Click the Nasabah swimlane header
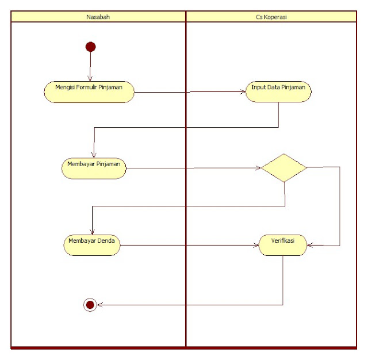coord(98,17)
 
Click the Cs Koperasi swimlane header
coord(271,17)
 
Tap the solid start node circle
coord(90,47)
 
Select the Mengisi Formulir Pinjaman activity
coord(89,91)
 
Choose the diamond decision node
coord(283,167)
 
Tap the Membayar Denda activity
coord(91,244)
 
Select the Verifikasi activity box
coord(282,244)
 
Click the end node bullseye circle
coord(90,305)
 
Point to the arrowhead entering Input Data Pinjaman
coord(243,92)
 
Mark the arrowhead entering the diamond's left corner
coord(258,168)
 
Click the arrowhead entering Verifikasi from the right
coord(309,245)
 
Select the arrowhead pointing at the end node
coord(99,305)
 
